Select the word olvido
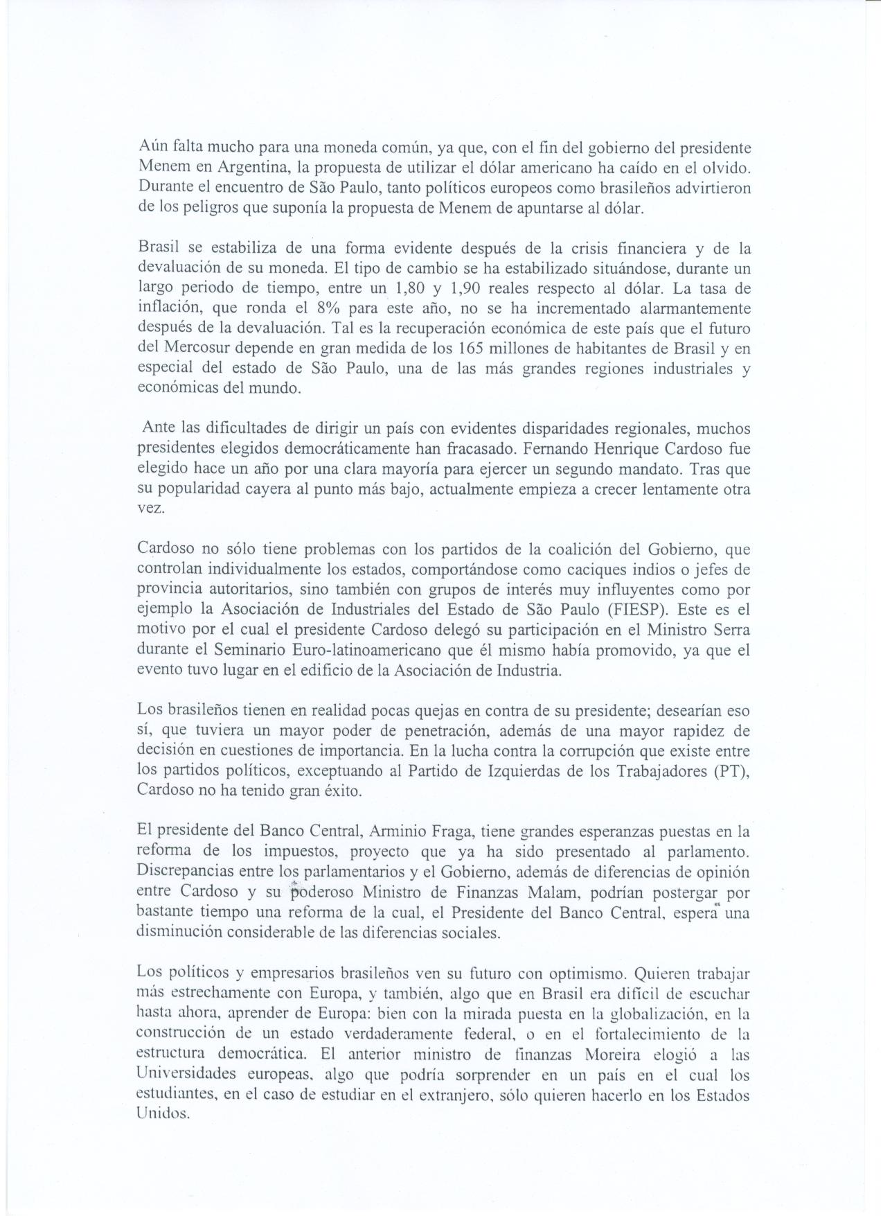(729, 168)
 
